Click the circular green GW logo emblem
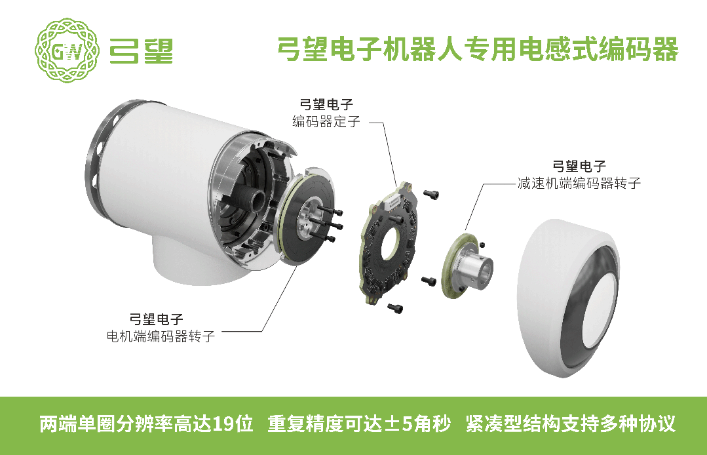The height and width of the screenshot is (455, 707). [67, 50]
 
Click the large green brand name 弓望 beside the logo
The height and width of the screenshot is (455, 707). [141, 50]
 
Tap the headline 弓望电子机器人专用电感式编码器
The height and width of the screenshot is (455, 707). [478, 49]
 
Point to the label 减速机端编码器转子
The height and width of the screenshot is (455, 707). [579, 183]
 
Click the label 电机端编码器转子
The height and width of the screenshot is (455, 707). [161, 336]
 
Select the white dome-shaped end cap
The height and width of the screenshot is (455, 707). [568, 298]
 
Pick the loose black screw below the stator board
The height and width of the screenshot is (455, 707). [395, 308]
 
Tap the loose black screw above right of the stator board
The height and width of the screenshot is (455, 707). [431, 194]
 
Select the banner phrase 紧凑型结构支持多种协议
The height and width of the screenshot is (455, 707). [570, 424]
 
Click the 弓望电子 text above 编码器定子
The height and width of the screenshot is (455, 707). [326, 105]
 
